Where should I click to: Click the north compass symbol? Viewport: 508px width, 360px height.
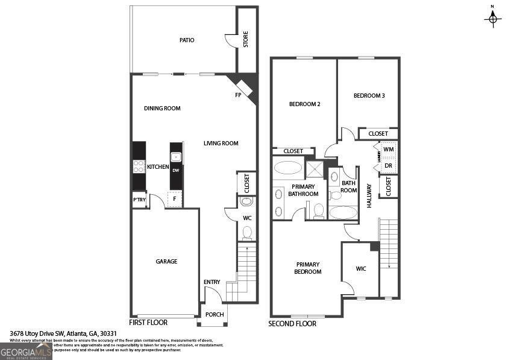(x=493, y=19)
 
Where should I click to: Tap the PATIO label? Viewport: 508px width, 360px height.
(x=187, y=40)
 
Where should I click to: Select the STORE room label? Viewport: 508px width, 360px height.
(x=246, y=40)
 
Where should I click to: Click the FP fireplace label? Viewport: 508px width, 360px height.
(x=238, y=95)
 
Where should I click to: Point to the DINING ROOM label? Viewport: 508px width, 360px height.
(x=162, y=109)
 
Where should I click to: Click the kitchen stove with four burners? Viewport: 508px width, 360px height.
(x=139, y=166)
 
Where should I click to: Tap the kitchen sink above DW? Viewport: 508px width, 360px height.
(x=176, y=158)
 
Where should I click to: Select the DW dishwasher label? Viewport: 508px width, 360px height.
(x=176, y=171)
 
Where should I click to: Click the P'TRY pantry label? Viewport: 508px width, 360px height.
(x=139, y=200)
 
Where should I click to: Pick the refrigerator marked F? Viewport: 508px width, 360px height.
(x=175, y=198)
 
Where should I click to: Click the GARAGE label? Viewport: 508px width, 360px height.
(x=166, y=262)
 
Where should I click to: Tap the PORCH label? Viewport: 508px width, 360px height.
(x=215, y=314)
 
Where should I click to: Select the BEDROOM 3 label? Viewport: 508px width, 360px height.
(x=369, y=96)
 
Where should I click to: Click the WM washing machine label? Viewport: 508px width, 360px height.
(x=388, y=149)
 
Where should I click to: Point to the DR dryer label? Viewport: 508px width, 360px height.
(x=388, y=165)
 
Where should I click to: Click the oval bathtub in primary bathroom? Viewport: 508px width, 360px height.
(x=288, y=168)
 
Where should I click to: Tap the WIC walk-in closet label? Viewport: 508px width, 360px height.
(x=361, y=269)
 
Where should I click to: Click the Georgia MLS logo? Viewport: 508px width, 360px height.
(x=26, y=352)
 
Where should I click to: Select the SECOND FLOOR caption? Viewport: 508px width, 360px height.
(x=292, y=324)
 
